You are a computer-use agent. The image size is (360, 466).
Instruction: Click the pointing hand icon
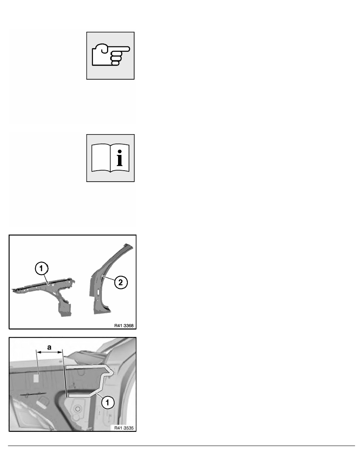point(111,55)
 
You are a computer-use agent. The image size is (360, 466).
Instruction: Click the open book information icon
point(111,158)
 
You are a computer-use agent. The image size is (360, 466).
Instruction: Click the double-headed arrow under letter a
point(49,353)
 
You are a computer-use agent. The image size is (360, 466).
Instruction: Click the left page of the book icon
point(100,159)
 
